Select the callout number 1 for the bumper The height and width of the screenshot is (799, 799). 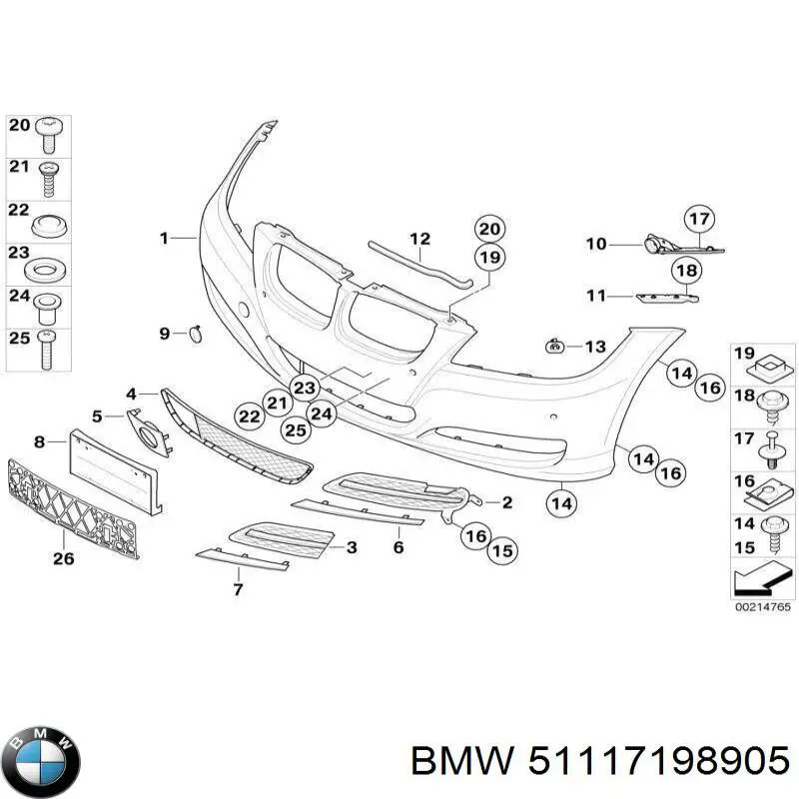pos(164,238)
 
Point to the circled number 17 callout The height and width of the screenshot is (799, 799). pos(700,219)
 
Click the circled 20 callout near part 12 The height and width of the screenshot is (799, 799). pos(488,229)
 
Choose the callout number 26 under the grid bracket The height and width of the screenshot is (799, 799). pos(62,559)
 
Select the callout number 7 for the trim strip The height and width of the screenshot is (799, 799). pos(238,589)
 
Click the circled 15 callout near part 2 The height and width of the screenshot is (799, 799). pos(501,549)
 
